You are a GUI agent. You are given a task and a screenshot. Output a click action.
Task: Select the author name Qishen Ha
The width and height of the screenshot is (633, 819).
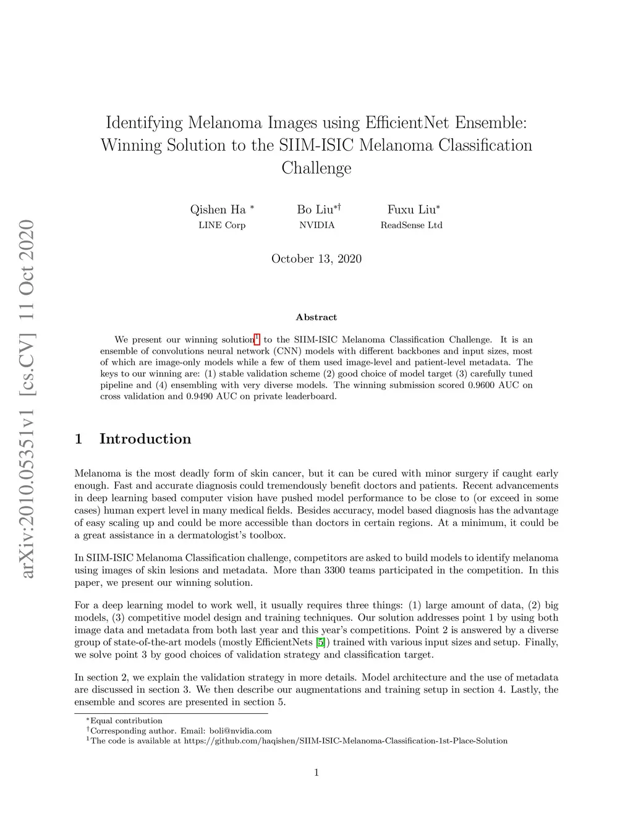tap(218, 210)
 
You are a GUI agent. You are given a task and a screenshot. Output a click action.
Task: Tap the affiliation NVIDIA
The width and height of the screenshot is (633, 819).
tap(317, 225)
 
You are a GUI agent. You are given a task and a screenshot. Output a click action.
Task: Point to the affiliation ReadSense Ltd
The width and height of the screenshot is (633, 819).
tap(411, 225)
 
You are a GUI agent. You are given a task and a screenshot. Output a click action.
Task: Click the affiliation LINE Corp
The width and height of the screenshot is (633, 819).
tap(222, 225)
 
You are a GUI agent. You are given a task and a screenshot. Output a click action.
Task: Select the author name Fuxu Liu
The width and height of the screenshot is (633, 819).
tap(411, 210)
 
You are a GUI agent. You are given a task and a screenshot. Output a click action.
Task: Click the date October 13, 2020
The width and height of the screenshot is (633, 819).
tap(316, 259)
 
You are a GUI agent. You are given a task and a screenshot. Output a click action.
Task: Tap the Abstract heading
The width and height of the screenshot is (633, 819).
tap(316, 317)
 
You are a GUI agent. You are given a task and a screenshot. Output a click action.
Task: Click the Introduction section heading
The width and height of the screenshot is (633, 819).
tap(145, 439)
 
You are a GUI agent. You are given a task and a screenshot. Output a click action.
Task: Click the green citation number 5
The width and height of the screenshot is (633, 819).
tap(320, 642)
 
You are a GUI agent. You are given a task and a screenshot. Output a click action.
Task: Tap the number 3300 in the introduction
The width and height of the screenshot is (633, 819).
tap(334, 570)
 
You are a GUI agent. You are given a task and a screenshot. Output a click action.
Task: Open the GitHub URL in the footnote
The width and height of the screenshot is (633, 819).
tap(346, 740)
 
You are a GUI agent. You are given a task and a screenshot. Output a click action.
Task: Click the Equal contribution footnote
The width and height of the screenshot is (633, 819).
tap(126, 721)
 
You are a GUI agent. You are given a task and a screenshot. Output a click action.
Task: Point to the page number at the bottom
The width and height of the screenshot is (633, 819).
tap(316, 772)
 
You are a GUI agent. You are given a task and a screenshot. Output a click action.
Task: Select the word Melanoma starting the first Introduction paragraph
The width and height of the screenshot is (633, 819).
tap(98, 473)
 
